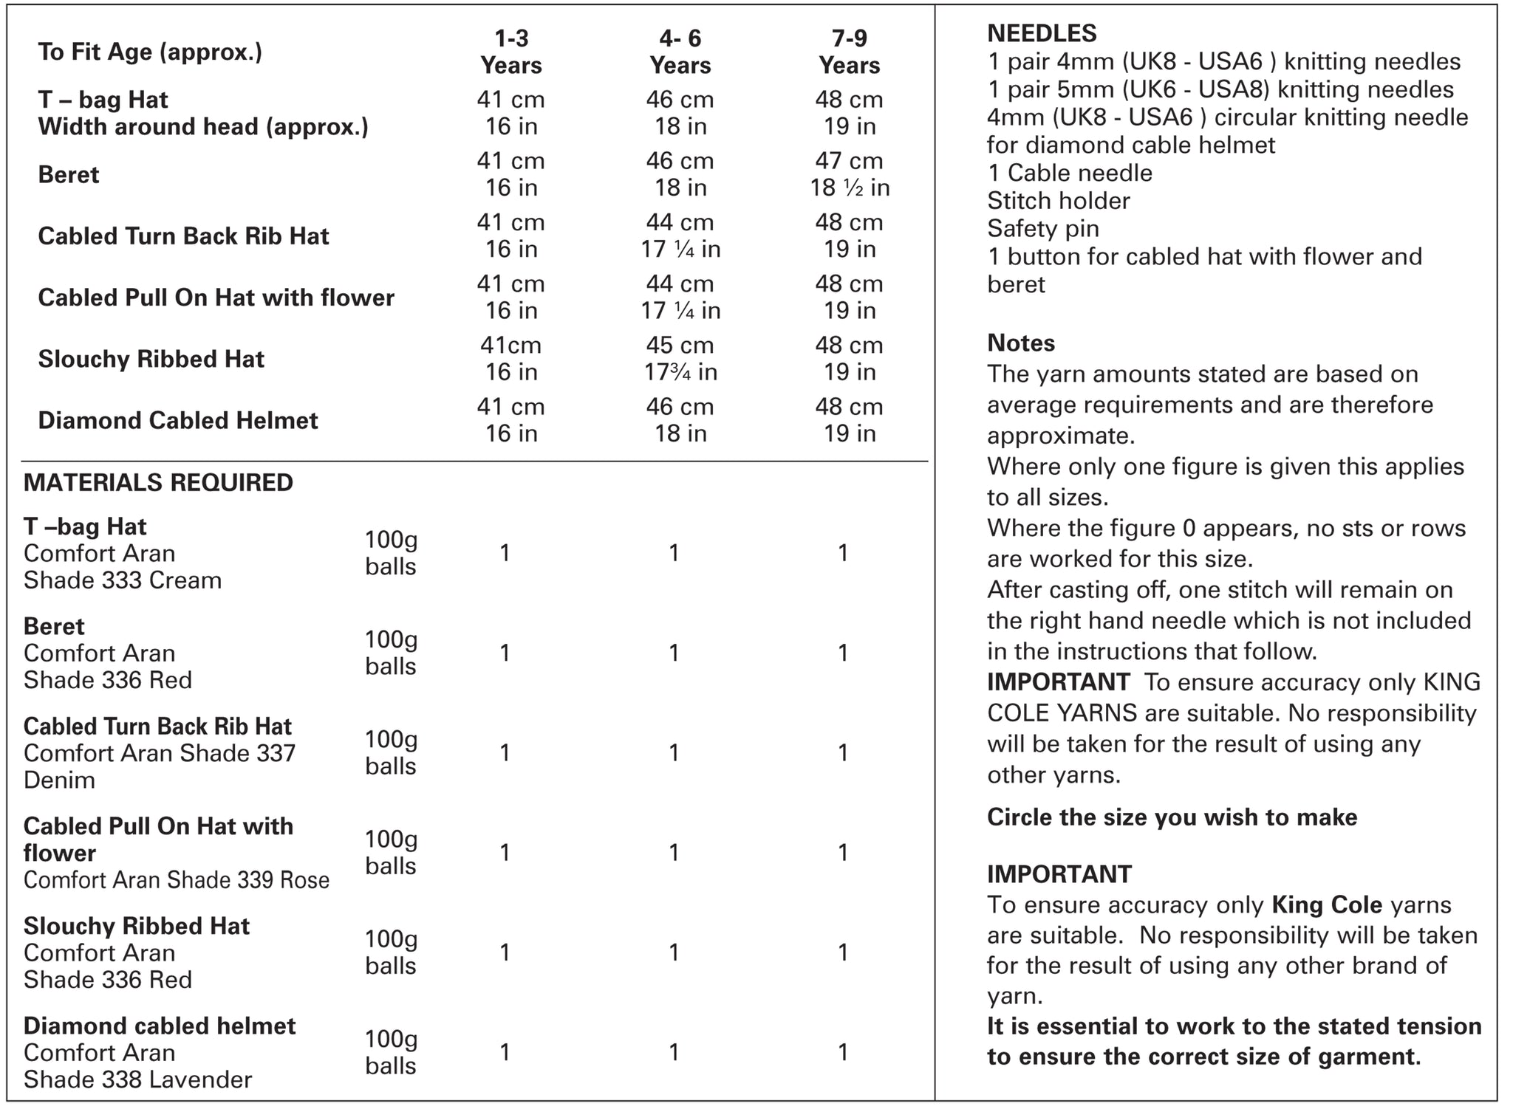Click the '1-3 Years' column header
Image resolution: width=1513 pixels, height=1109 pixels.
point(510,52)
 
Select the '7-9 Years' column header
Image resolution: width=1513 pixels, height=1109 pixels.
point(849,52)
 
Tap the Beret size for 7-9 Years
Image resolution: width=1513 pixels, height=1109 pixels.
point(849,174)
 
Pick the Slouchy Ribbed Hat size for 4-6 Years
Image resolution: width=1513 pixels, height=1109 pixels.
point(680,359)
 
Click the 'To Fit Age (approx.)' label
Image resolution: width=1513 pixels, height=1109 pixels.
point(150,52)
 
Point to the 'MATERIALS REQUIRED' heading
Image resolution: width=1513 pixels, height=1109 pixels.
point(158,483)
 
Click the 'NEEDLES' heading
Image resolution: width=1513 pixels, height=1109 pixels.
point(1042,33)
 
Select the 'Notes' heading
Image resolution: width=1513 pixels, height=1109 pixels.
point(1021,343)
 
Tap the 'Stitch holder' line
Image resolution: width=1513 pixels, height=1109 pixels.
point(1059,201)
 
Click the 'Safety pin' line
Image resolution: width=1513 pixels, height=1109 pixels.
point(1043,229)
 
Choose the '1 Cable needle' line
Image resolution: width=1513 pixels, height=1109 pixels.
point(1070,173)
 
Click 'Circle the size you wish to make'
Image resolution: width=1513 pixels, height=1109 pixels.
point(1172,817)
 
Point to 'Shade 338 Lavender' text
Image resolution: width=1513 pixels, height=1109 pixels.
point(137,1079)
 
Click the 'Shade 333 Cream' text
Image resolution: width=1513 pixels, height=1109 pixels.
point(123,580)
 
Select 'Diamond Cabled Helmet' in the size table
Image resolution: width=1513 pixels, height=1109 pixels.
point(178,420)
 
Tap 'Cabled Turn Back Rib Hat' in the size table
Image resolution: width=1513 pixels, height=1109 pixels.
point(183,236)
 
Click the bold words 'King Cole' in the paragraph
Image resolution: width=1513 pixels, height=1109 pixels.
point(1327,905)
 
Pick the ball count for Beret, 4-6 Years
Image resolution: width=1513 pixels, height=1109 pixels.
point(674,653)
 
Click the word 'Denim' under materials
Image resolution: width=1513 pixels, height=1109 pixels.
point(59,780)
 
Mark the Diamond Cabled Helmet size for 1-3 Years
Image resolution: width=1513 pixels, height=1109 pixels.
point(510,420)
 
